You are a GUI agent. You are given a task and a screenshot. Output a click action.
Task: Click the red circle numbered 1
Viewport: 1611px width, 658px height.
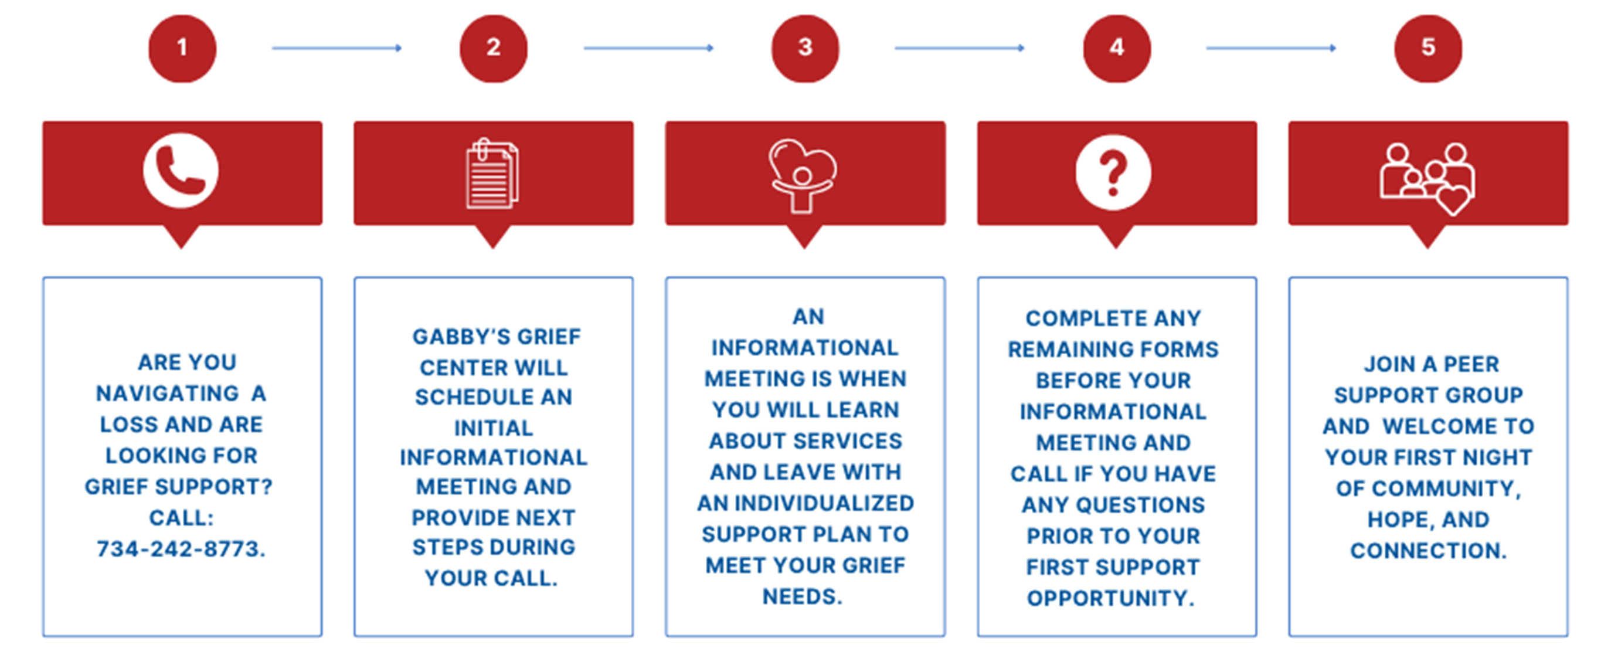tap(182, 48)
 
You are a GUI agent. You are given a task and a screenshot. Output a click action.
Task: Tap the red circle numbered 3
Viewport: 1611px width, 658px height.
tap(805, 48)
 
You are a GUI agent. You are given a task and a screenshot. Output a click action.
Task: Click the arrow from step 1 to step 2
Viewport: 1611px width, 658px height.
tap(337, 48)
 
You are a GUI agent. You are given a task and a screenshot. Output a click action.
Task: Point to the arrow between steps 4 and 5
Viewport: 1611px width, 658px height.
tap(1271, 48)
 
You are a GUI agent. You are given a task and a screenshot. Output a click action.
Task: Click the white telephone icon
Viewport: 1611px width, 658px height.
tap(181, 170)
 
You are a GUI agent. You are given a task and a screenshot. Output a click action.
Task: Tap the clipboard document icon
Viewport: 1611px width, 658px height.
tap(492, 173)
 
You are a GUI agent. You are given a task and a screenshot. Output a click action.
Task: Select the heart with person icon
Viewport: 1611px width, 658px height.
tap(803, 175)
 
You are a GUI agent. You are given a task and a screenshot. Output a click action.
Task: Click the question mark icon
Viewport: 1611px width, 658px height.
tap(1113, 172)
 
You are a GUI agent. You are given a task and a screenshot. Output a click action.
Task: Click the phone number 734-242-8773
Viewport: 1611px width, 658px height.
tap(181, 548)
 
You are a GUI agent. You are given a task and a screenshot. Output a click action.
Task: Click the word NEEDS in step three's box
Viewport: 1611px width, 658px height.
tap(803, 596)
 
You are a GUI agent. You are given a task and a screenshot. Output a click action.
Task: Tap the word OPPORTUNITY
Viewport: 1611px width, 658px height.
tap(1111, 598)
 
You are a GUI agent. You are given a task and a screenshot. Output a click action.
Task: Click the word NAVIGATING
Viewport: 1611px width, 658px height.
tap(167, 394)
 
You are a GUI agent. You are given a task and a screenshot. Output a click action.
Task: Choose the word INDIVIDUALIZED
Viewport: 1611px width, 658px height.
tap(824, 503)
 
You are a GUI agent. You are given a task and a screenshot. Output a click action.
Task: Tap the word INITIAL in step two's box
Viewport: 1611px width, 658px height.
tap(494, 428)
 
